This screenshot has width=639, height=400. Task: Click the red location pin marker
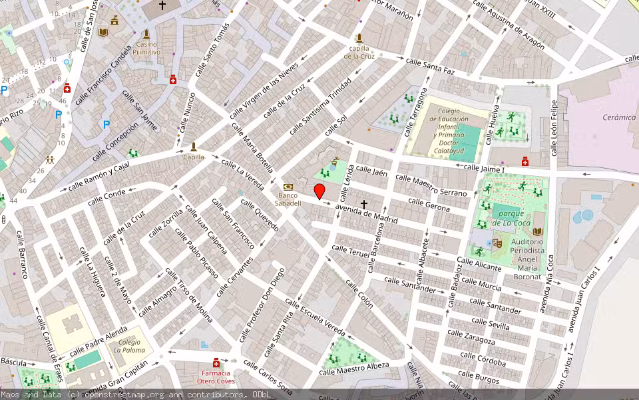pos(319,191)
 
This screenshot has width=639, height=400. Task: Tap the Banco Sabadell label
pos(289,199)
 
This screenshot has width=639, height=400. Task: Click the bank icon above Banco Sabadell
pos(288,187)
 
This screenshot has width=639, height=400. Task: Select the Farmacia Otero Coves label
pos(216,377)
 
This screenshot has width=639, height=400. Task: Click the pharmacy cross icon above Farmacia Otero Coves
pos(216,363)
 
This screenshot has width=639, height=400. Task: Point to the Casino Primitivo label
pos(146,48)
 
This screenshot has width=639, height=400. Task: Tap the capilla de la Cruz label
pos(359,52)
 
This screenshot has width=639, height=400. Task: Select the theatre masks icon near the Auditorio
pos(497,243)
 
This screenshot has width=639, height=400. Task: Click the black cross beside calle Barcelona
pos(364,203)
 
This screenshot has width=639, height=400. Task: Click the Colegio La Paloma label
pos(130,346)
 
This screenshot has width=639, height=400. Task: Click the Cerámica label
pos(619,117)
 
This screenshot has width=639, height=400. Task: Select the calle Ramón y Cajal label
pos(99,175)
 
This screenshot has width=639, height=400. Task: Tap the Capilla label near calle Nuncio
pos(194,157)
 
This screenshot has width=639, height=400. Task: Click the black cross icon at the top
pos(162,5)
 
